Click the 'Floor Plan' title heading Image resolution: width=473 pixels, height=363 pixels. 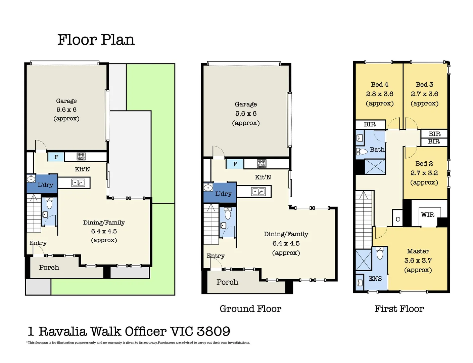coord(96,40)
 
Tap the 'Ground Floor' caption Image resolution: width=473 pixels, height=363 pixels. coord(250,309)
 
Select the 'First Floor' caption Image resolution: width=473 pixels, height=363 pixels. coord(399,309)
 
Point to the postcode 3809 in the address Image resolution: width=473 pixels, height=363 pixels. coord(214,331)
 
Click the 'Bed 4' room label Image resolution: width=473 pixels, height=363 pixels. coord(379,85)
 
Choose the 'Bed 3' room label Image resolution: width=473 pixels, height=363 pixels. coord(424,85)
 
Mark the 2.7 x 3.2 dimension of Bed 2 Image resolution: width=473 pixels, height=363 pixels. coord(424,173)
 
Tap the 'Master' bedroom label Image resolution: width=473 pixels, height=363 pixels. coord(418,251)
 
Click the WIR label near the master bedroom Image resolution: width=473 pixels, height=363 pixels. coord(427,215)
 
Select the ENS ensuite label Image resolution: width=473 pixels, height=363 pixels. coord(375,279)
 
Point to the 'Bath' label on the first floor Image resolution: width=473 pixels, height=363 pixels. coord(377,150)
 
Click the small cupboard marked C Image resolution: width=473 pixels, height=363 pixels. coord(397,219)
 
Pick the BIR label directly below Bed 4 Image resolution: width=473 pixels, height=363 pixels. coord(370,124)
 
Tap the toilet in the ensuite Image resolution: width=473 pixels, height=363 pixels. coord(380,254)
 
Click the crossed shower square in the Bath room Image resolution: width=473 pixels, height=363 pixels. coord(375,166)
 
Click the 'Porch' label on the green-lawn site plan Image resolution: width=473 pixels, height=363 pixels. coord(49,268)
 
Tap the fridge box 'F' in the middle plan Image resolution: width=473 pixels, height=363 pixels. coord(235,164)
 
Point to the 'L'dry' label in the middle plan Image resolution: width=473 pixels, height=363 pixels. coord(223,194)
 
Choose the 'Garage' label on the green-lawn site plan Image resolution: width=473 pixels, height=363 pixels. coord(66,101)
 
